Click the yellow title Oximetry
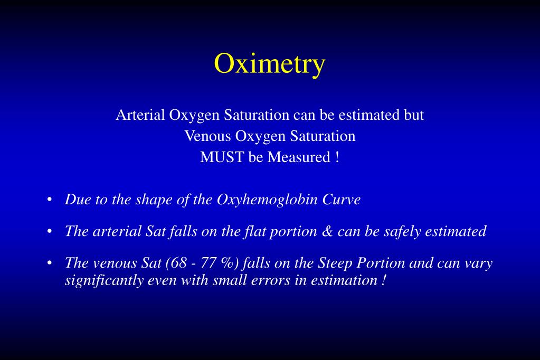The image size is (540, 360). [270, 64]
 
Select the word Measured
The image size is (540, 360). [299, 157]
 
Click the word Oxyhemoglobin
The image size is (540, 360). [267, 200]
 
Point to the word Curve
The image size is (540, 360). [342, 200]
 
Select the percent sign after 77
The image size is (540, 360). [228, 263]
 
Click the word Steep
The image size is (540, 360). [335, 263]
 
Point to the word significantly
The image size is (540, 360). [104, 281]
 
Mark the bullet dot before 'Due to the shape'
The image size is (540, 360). [50, 200]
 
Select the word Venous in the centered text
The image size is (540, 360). [207, 136]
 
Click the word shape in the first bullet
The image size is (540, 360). [154, 200]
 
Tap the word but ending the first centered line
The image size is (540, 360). [414, 115]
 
